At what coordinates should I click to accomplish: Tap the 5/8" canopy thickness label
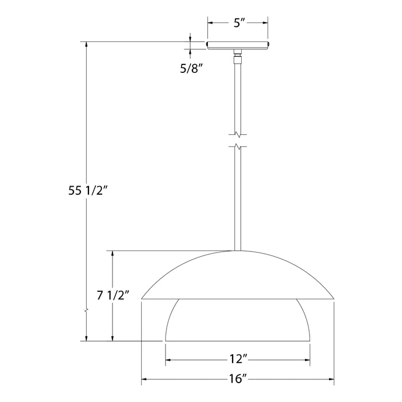coord(192,69)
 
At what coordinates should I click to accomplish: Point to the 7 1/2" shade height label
coord(113,296)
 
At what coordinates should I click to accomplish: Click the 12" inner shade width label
coord(237,361)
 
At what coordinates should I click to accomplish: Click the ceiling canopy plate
coord(238,45)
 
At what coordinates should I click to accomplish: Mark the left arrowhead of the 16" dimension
coord(145,379)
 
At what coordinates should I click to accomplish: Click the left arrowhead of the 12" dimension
coord(169,361)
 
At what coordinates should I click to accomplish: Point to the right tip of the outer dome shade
coord(333,299)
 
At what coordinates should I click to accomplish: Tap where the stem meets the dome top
coord(238,250)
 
